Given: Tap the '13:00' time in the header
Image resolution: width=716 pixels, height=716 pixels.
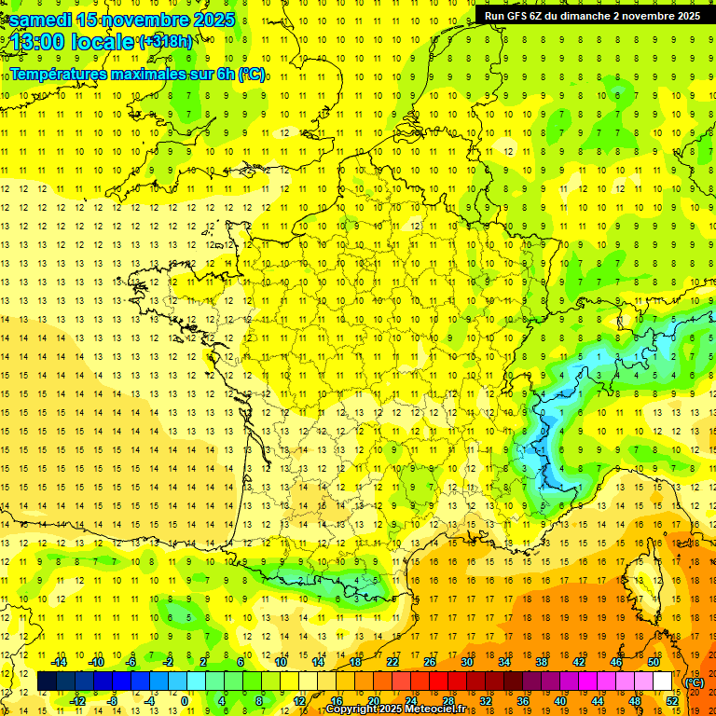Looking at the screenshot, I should (37, 42).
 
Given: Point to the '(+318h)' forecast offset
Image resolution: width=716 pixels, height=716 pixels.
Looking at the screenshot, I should (165, 41).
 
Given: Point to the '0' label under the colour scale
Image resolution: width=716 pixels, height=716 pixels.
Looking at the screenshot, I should (185, 701).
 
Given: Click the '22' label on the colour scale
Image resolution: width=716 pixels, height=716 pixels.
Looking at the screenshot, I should (392, 662).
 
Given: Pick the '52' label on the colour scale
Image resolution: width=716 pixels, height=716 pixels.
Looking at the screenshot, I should (672, 701).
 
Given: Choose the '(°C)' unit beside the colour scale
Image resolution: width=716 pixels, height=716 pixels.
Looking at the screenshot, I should (694, 682).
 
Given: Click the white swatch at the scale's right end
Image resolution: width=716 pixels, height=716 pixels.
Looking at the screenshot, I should (663, 682).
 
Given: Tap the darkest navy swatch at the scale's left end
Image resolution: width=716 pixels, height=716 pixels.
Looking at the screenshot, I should (47, 682).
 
